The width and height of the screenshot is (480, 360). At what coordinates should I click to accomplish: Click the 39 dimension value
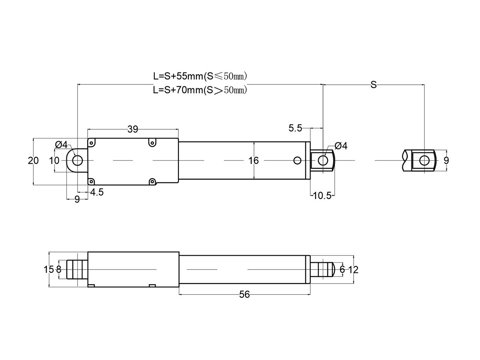pyautogui.click(x=133, y=129)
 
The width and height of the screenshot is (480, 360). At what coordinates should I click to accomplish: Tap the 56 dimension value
pyautogui.click(x=244, y=295)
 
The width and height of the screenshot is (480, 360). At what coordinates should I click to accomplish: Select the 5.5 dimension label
pyautogui.click(x=295, y=128)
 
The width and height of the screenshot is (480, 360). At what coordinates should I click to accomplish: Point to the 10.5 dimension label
pyautogui.click(x=322, y=196)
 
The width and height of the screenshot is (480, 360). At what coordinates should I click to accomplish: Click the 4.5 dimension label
pyautogui.click(x=97, y=192)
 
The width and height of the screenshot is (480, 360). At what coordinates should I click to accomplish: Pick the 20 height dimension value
pyautogui.click(x=33, y=161)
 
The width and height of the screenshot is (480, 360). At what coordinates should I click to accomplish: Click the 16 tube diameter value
pyautogui.click(x=254, y=161)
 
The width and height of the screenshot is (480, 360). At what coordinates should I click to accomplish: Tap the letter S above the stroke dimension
pyautogui.click(x=374, y=84)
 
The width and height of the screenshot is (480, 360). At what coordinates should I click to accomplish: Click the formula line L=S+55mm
pyautogui.click(x=200, y=76)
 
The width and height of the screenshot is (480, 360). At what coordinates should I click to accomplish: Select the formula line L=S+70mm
pyautogui.click(x=200, y=90)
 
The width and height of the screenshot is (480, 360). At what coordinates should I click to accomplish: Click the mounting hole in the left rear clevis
pyautogui.click(x=78, y=161)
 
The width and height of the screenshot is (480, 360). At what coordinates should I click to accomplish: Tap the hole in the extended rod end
pyautogui.click(x=424, y=161)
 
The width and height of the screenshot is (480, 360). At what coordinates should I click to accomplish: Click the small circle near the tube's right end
pyautogui.click(x=297, y=161)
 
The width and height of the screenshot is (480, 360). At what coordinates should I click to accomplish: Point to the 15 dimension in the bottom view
pyautogui.click(x=48, y=270)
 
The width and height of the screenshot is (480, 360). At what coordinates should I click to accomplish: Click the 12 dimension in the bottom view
pyautogui.click(x=353, y=270)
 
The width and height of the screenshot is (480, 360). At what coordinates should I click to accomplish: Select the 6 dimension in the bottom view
pyautogui.click(x=342, y=270)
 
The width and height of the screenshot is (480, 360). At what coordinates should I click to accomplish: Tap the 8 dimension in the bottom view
pyautogui.click(x=59, y=270)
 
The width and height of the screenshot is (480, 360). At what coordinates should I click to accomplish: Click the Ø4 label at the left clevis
pyautogui.click(x=61, y=144)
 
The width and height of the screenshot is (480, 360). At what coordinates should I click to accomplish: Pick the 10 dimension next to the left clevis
pyautogui.click(x=54, y=161)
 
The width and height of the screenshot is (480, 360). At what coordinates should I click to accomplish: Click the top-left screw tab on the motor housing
pyautogui.click(x=91, y=143)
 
